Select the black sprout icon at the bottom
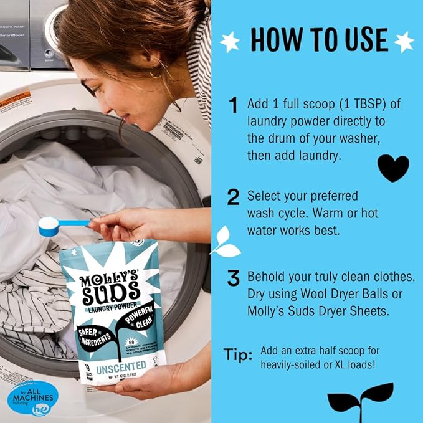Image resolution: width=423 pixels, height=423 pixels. click(361, 398)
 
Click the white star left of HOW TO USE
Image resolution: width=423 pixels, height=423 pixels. click(230, 42)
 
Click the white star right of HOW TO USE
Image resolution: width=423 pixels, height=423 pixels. click(404, 41)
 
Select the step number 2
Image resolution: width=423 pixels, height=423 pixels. click(234, 198)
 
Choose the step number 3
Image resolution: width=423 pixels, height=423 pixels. click(234, 278)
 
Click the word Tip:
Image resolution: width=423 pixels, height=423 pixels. click(238, 355)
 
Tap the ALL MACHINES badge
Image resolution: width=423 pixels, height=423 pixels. click(32, 396)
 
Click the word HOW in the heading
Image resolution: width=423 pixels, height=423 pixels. click(275, 39)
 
